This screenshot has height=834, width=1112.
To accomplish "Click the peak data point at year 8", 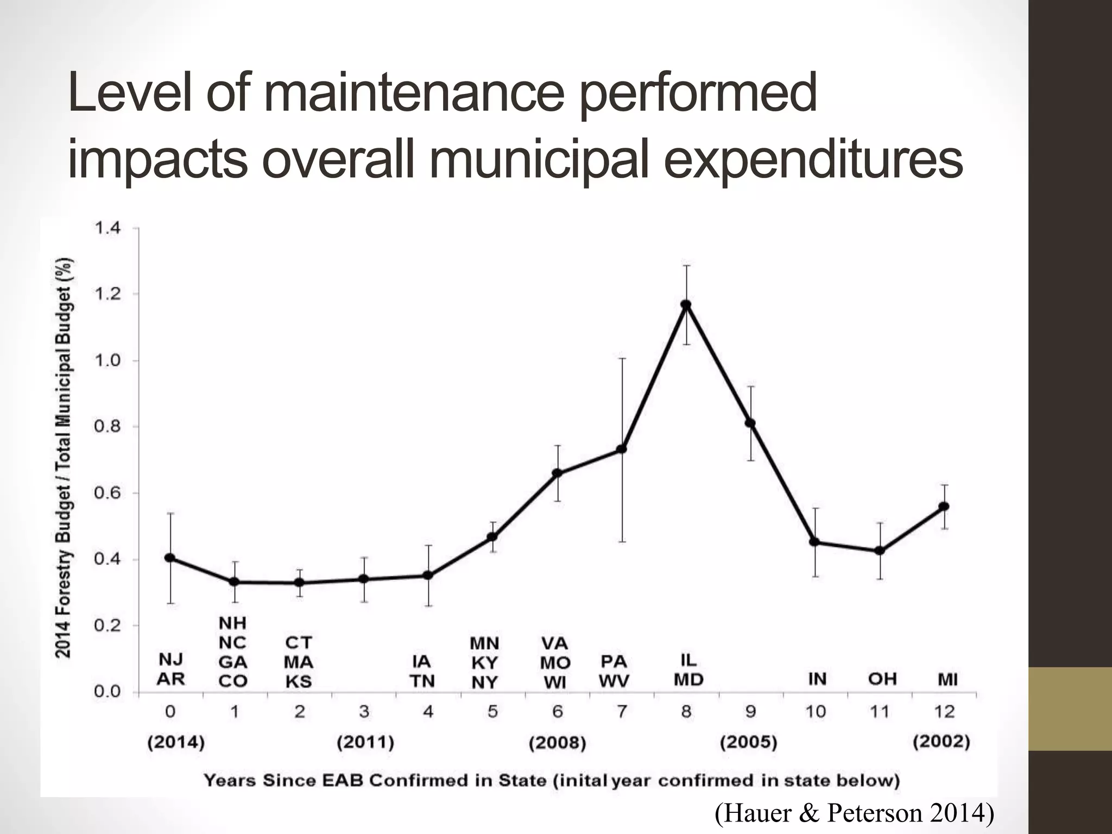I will pos(686,305).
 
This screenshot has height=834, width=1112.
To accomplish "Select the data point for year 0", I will pos(170,558).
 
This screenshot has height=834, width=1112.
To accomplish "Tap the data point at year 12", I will pos(944,506).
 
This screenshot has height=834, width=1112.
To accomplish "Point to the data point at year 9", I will pos(750,423).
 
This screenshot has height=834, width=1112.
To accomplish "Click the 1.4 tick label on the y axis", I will pos(108,228).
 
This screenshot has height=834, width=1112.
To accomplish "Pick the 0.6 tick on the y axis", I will pos(108,493).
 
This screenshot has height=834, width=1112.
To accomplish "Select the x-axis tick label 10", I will pos(816,711).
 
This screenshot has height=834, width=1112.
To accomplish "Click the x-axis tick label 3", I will pos(364,711).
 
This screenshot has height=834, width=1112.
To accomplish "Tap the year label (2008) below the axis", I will pos(558,742).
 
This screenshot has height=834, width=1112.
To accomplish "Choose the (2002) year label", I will pos(942,742).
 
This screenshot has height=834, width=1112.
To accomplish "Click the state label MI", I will pos(947,679).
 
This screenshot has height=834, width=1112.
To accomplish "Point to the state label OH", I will pos(882,679).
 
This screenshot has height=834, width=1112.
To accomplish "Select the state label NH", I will pos(232,623).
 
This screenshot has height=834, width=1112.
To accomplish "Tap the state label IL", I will pos(688,660).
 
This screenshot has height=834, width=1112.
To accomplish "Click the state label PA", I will pos(614,661).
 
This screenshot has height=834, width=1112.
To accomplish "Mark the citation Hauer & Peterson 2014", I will pos(855,813).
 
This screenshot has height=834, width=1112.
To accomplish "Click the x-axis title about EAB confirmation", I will pos(552,781).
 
